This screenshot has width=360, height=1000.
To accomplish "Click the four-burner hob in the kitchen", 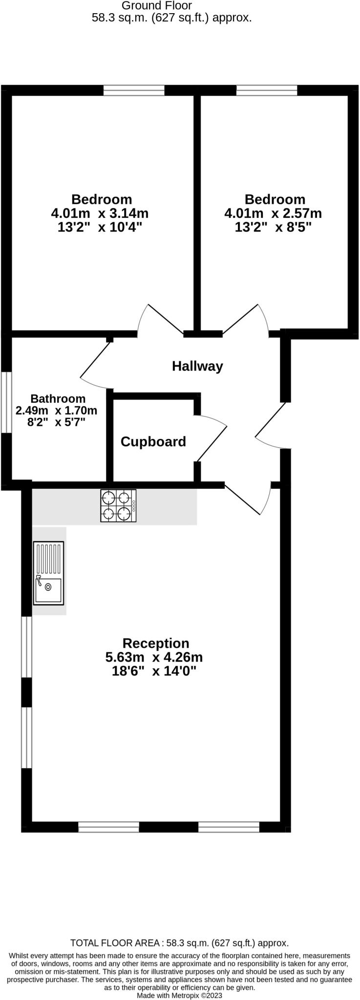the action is (x=118, y=506).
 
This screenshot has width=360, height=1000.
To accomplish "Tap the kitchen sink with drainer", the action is (x=49, y=573).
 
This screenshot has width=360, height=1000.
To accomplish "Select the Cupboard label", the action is (x=153, y=442).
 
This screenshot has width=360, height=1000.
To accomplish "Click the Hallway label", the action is (x=197, y=366).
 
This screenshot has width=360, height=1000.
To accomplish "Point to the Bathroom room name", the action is (x=58, y=399).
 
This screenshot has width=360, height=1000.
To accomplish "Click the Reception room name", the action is (x=156, y=643).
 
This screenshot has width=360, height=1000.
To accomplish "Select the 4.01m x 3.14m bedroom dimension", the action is (x=100, y=213).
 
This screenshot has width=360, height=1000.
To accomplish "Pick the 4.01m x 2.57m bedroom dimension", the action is (x=273, y=213).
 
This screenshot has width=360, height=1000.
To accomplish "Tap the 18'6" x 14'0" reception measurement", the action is (x=154, y=671).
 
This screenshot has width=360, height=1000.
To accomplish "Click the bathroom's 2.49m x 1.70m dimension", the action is (x=57, y=411).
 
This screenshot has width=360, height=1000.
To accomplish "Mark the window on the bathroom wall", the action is (x=6, y=403).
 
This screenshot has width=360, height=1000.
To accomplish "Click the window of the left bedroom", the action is (x=134, y=90).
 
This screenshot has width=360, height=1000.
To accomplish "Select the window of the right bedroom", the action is (x=267, y=90).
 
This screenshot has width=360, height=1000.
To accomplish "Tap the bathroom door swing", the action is (x=95, y=364).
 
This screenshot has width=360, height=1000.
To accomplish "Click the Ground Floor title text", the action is (x=157, y=6).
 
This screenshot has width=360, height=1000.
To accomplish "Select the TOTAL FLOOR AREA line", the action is (x=180, y=943).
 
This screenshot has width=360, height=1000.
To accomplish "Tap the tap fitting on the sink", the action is (x=39, y=580).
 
